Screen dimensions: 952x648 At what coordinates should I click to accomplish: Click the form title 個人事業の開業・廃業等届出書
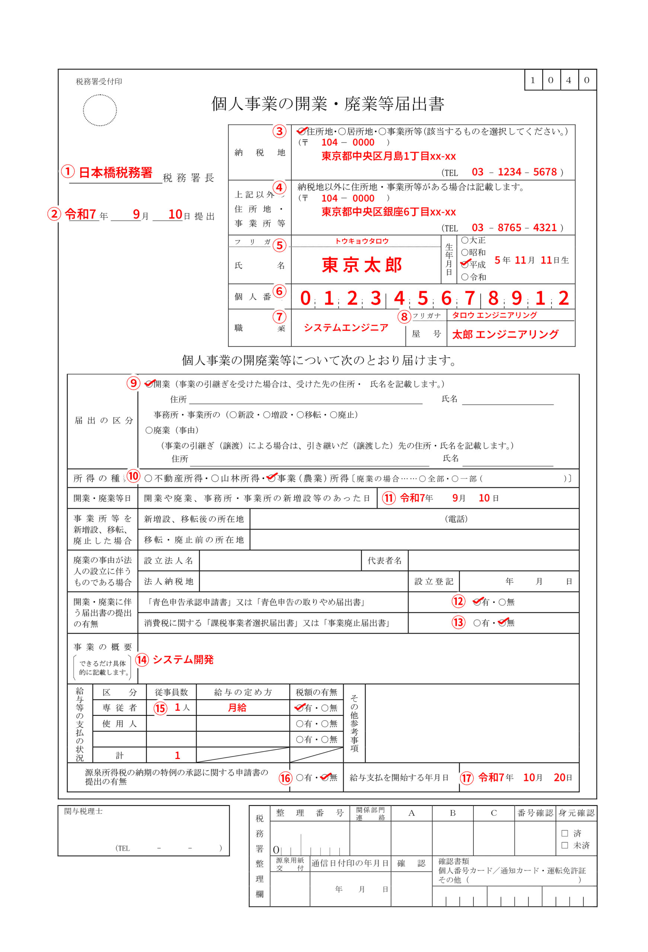pos(328,104)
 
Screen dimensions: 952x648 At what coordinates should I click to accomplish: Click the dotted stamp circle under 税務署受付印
pos(100,110)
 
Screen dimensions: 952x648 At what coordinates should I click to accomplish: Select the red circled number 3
pos(279,132)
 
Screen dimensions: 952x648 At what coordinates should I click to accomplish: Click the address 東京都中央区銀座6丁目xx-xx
pos(388,212)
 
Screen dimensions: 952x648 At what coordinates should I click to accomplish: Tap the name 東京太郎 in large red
pos(361,265)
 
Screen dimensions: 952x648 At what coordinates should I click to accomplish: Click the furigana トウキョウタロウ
pos(361,241)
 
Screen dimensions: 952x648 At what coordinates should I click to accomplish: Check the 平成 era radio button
pos(465,265)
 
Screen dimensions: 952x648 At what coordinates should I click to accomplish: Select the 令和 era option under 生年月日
pos(465,277)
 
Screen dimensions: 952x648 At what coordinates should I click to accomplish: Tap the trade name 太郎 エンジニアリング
pos(505,335)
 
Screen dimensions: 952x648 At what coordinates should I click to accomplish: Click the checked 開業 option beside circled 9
pos(149,384)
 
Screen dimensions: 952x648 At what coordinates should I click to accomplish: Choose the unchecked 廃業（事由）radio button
pos(149,431)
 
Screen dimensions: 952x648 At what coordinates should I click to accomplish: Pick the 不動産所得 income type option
pos(149,479)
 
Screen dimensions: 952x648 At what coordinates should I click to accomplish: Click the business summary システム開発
pos(183,659)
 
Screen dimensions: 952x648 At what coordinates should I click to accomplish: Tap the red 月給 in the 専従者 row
pos(237,708)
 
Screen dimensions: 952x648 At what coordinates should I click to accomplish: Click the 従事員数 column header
pos(171,692)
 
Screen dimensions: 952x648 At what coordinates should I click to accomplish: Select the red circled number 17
pos(466,778)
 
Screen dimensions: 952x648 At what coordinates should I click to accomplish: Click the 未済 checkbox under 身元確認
pos(564,845)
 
